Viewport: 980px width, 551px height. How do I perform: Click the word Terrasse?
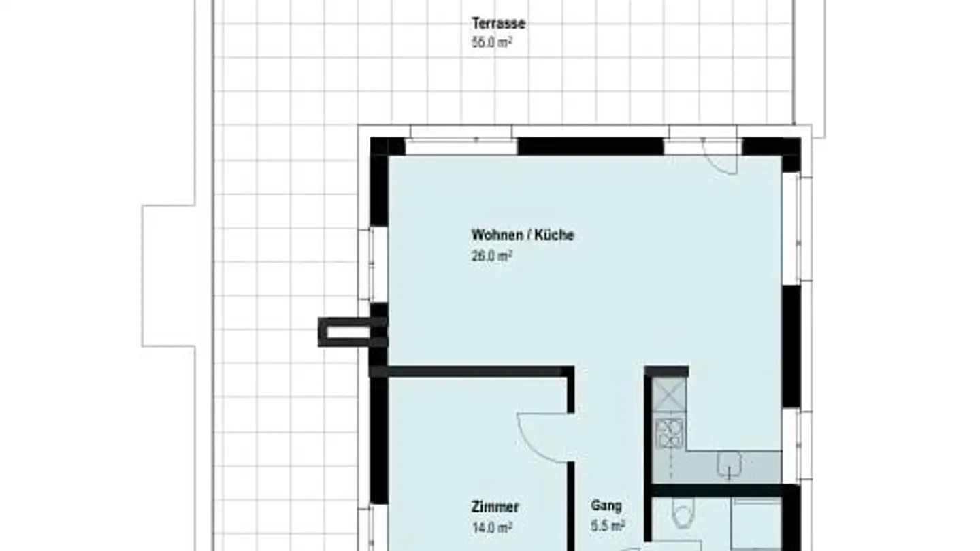tap(498, 24)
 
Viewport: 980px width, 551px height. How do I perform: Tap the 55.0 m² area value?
tap(491, 41)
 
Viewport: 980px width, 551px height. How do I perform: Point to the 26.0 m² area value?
tap(491, 256)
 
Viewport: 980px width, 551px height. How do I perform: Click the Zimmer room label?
tap(495, 507)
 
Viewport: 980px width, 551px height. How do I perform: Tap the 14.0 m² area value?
tap(491, 527)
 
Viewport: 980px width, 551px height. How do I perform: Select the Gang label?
tap(606, 506)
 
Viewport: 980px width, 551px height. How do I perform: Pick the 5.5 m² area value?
tap(608, 526)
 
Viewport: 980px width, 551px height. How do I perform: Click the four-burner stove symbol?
tap(669, 433)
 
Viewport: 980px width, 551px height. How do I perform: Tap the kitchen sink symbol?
tap(729, 465)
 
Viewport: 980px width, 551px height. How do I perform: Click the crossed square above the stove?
tap(669, 395)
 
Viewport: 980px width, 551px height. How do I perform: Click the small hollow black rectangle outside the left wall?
tap(344, 332)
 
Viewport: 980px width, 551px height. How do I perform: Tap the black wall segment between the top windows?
tap(590, 146)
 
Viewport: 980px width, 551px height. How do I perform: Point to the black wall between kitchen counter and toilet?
tap(718, 490)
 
